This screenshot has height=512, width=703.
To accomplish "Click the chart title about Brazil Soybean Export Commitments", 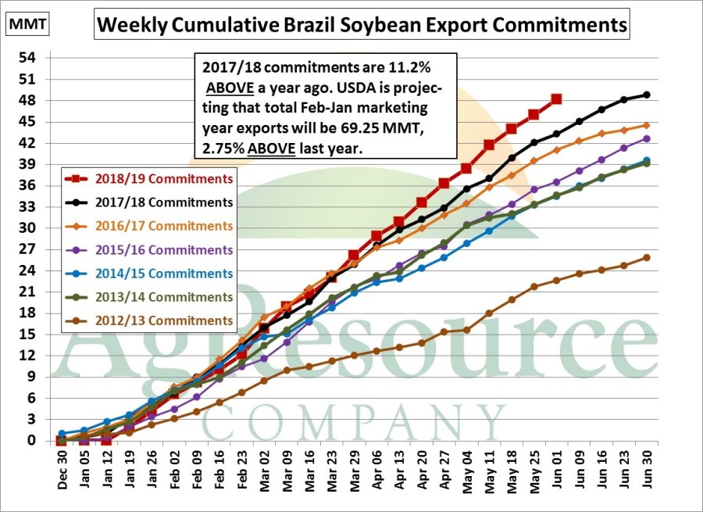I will coord(361,25).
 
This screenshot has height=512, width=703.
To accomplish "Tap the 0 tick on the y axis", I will coord(32,441).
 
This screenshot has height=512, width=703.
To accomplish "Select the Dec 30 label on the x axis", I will coord(62,471).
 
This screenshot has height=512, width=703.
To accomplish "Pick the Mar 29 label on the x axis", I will coord(354,471).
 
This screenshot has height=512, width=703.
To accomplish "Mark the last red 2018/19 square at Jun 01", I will coord(556,99).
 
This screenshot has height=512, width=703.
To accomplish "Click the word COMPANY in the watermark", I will coord(353,423).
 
